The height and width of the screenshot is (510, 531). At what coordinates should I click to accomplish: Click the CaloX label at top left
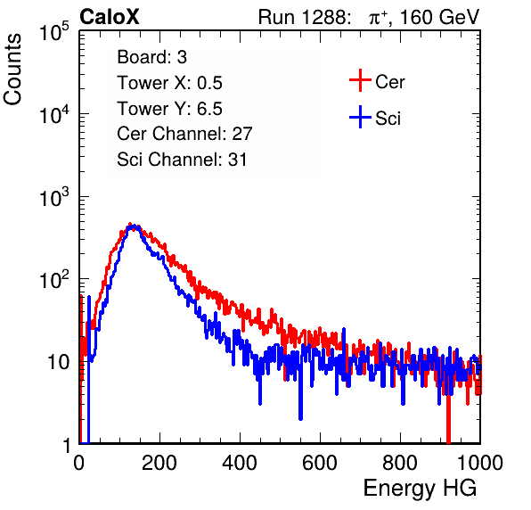[x=110, y=17]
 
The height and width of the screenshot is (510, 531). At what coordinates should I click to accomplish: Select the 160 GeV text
[x=440, y=17]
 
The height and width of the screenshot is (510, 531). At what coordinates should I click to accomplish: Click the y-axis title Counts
[x=12, y=70]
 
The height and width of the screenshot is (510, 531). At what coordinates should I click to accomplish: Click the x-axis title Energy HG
[x=420, y=489]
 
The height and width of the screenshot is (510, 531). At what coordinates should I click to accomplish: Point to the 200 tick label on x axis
[x=159, y=463]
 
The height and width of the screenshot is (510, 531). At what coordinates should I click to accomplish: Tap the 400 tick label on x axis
[x=240, y=463]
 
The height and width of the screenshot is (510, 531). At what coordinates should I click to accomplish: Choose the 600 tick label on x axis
[x=320, y=463]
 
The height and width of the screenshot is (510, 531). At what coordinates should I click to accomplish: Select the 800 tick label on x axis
[x=400, y=463]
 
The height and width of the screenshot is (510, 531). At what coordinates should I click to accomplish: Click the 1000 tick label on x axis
[x=480, y=463]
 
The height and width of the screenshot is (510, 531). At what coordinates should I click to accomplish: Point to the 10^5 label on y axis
[x=54, y=32]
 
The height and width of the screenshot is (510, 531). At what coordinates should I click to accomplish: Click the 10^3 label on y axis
[x=54, y=197]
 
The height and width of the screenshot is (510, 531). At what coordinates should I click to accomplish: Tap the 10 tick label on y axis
[x=58, y=362]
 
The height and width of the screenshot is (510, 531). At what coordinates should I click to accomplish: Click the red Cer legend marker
[x=360, y=80]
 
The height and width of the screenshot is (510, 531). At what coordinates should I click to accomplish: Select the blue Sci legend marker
[x=360, y=117]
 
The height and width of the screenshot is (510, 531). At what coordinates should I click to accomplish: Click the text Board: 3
[x=152, y=57]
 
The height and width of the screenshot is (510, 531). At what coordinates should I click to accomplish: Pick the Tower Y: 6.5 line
[x=169, y=109]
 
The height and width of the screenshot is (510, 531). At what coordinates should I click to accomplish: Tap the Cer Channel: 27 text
[x=185, y=134]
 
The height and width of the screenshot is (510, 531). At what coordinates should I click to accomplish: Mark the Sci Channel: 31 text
[x=182, y=160]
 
